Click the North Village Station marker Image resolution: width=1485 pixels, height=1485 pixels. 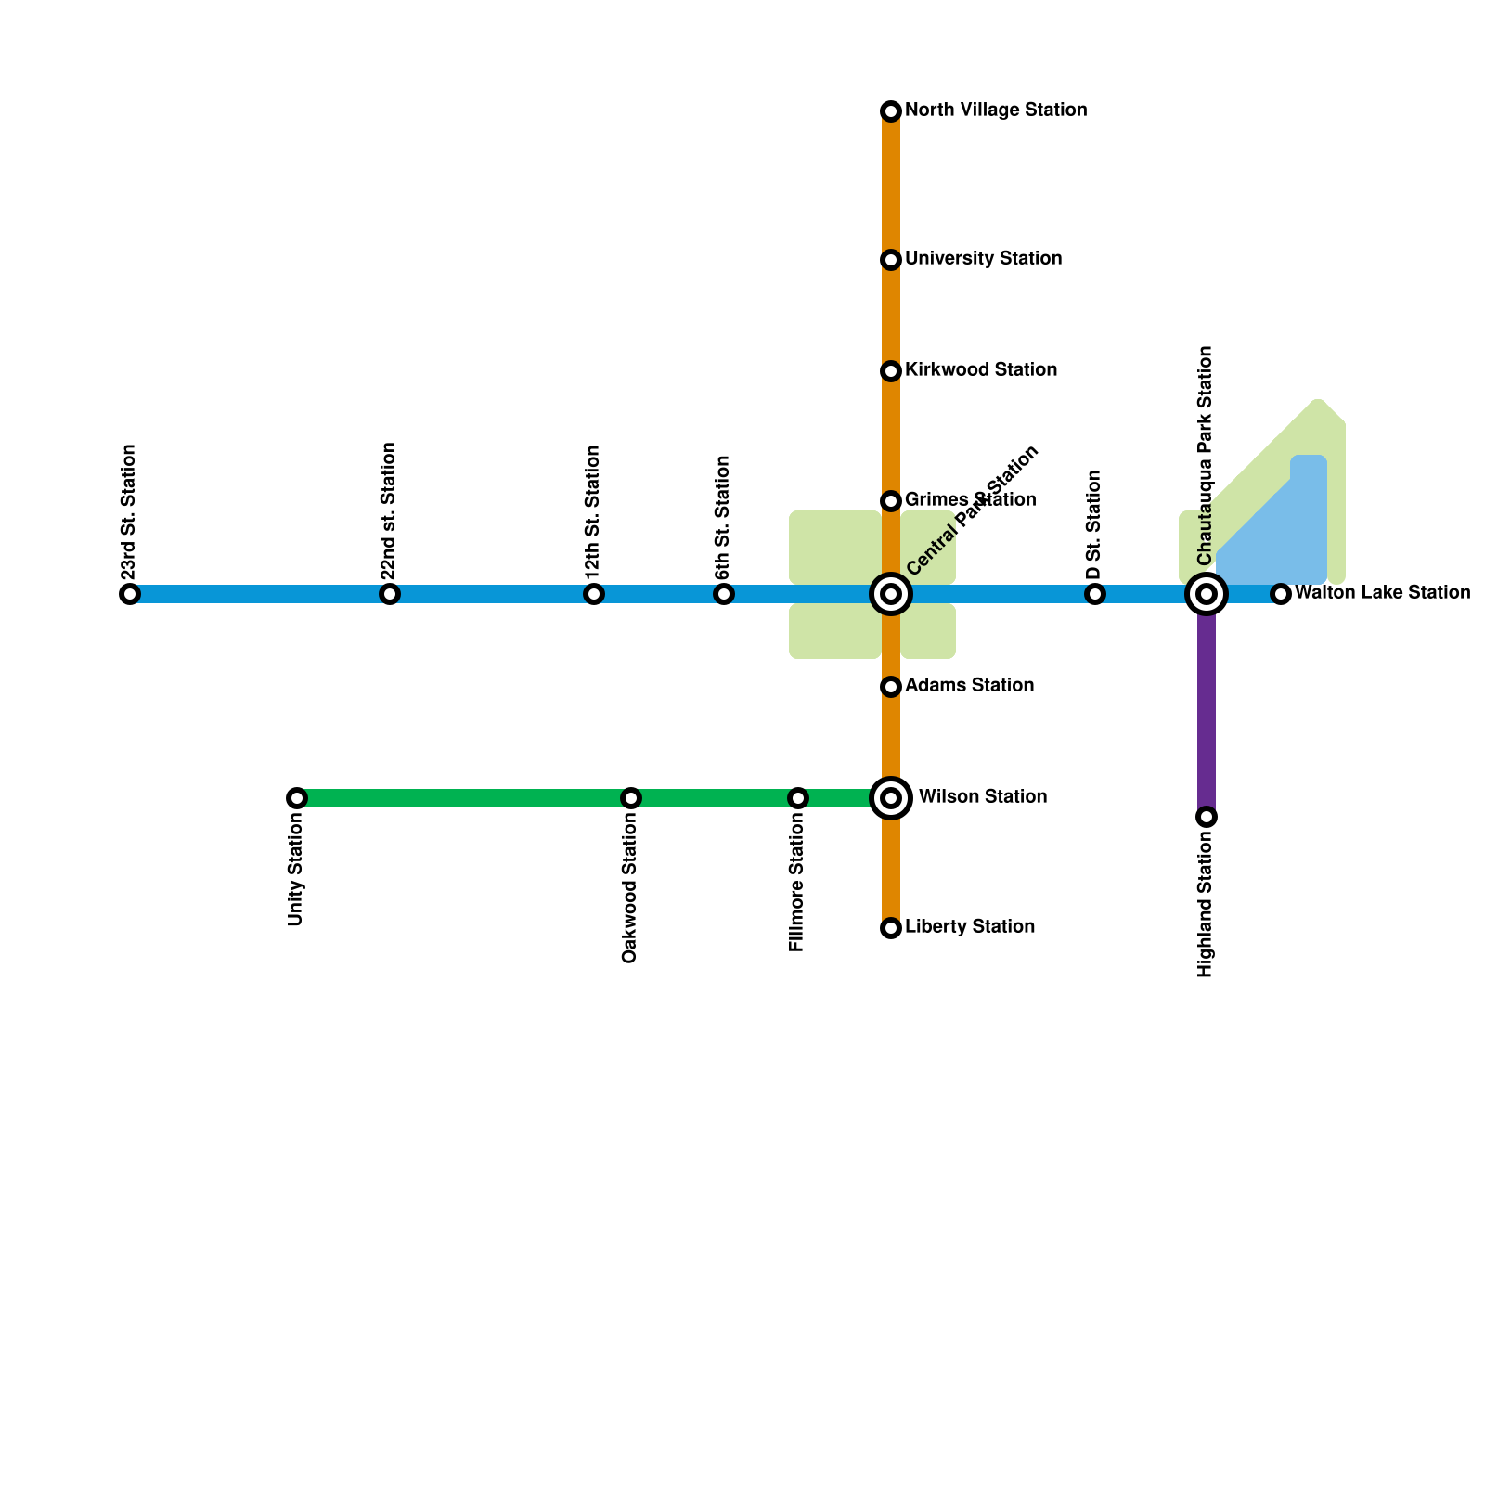tap(891, 111)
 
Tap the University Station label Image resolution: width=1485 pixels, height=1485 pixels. tap(983, 258)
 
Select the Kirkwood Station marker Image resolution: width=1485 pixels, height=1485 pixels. tap(891, 371)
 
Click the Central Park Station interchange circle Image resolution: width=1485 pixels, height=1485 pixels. tap(891, 594)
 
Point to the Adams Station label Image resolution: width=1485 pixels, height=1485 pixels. tap(969, 685)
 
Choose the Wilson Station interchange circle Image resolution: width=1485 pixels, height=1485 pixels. tap(891, 798)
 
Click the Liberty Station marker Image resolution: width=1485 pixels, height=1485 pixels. tap(891, 928)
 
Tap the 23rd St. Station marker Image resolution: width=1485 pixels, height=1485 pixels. tap(130, 594)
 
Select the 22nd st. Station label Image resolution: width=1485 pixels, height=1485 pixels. tap(389, 510)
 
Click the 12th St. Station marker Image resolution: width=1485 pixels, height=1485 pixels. tap(594, 594)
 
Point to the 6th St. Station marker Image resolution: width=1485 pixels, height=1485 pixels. tap(724, 594)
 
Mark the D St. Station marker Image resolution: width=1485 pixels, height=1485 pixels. tap(1095, 594)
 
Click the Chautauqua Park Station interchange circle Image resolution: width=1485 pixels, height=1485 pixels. tap(1207, 594)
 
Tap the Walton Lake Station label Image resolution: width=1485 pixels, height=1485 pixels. tap(1382, 592)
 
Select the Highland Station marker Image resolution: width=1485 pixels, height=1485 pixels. tap(1207, 817)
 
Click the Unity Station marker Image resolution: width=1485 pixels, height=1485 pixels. tap(297, 798)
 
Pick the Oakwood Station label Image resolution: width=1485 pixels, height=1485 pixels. tap(630, 891)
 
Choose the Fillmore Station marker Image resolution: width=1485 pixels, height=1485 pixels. tap(798, 798)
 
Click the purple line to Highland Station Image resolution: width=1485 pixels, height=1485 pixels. tap(1207, 715)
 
